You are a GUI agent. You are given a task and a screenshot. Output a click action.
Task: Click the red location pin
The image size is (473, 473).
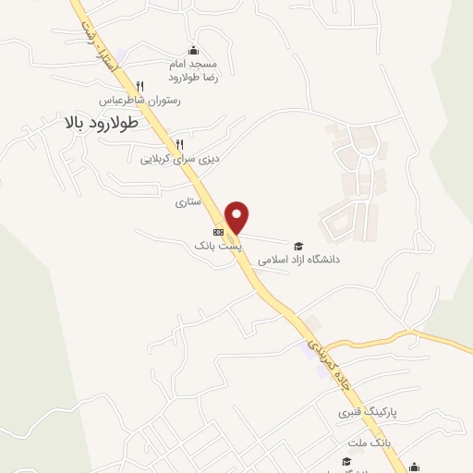[x=238, y=216]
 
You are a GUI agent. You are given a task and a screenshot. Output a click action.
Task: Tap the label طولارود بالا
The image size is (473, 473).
[x=102, y=122]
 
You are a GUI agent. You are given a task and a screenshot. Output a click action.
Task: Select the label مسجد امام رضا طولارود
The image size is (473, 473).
[x=193, y=72]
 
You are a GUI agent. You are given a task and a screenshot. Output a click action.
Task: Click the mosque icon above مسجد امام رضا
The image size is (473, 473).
[x=192, y=50]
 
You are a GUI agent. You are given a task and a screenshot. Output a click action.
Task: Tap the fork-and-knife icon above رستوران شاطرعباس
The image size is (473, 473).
[x=139, y=85]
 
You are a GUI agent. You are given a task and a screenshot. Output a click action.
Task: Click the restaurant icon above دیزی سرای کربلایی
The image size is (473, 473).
[x=179, y=144]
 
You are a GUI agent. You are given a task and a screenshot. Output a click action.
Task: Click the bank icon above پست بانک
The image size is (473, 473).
[x=218, y=232]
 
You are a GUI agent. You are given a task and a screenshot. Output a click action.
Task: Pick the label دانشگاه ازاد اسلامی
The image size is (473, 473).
[x=298, y=261]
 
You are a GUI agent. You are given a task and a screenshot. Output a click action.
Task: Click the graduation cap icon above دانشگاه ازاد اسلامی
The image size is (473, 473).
[x=298, y=246]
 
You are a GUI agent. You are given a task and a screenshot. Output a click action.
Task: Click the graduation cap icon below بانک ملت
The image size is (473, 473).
[x=346, y=461]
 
